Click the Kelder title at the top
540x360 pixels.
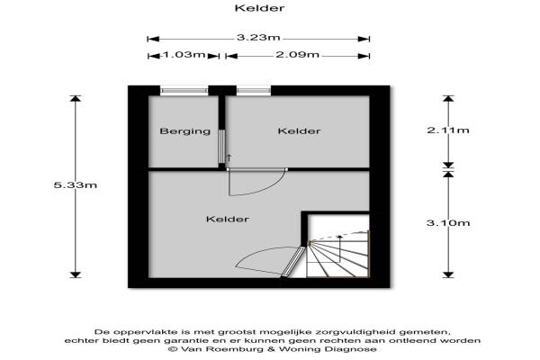tap(260, 8)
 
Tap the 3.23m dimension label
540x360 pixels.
tap(258, 37)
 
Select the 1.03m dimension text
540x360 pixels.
tap(184, 54)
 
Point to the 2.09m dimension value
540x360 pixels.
tap(298, 54)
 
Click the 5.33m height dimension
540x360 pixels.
tap(76, 185)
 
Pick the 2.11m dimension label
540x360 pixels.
tap(448, 130)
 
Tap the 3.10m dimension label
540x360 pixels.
tap(448, 223)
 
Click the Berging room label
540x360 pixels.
tap(185, 131)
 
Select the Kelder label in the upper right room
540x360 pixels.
tap(300, 130)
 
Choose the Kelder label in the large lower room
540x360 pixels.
tap(228, 219)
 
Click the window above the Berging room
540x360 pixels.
tap(184, 91)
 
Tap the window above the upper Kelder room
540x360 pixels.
tap(254, 91)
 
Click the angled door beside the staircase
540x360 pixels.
tap(293, 262)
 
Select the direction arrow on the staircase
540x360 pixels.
tap(339, 248)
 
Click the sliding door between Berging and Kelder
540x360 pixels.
tap(221, 147)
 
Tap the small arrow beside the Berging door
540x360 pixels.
tap(229, 158)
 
